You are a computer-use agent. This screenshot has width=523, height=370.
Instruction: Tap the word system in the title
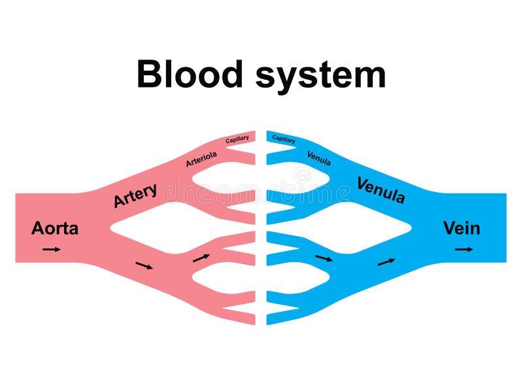pyautogui.click(x=320, y=76)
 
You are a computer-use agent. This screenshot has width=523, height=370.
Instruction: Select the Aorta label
pyautogui.click(x=55, y=229)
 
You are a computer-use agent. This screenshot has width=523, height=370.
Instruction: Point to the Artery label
pyautogui.click(x=135, y=195)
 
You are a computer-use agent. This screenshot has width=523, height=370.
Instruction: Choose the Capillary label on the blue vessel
pyautogui.click(x=284, y=139)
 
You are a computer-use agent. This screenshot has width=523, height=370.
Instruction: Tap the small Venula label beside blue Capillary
pyautogui.click(x=318, y=158)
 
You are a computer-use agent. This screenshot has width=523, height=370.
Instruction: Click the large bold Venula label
pyautogui.click(x=381, y=190)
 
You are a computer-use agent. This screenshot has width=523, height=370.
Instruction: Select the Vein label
pyautogui.click(x=462, y=228)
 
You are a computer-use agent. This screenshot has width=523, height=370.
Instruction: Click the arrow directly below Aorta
pyautogui.click(x=52, y=249)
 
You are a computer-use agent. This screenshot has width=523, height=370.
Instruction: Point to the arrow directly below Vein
pyautogui.click(x=465, y=249)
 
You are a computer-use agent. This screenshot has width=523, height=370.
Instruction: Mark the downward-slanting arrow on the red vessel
pyautogui.click(x=144, y=265)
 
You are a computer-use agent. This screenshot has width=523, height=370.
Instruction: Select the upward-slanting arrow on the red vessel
pyautogui.click(x=201, y=258)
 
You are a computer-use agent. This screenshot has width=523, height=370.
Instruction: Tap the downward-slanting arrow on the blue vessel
pyautogui.click(x=324, y=258)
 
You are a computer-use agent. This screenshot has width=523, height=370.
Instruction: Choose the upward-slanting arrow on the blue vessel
pyautogui.click(x=386, y=261)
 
